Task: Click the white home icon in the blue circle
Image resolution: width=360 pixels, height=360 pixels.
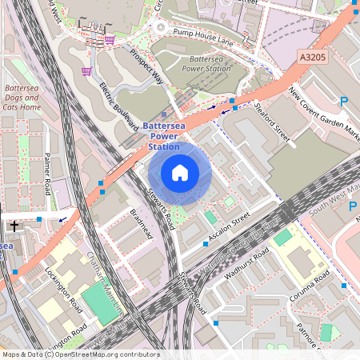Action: [x=180, y=173]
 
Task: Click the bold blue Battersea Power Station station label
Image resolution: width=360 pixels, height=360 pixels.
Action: [x=164, y=136]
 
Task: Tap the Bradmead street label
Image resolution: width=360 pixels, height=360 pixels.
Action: [x=141, y=226]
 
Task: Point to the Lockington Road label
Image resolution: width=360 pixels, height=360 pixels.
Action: [x=64, y=290]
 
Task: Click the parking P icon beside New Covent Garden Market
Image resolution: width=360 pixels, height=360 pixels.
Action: [x=344, y=102]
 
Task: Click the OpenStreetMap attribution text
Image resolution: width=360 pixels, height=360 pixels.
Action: [x=80, y=354]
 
